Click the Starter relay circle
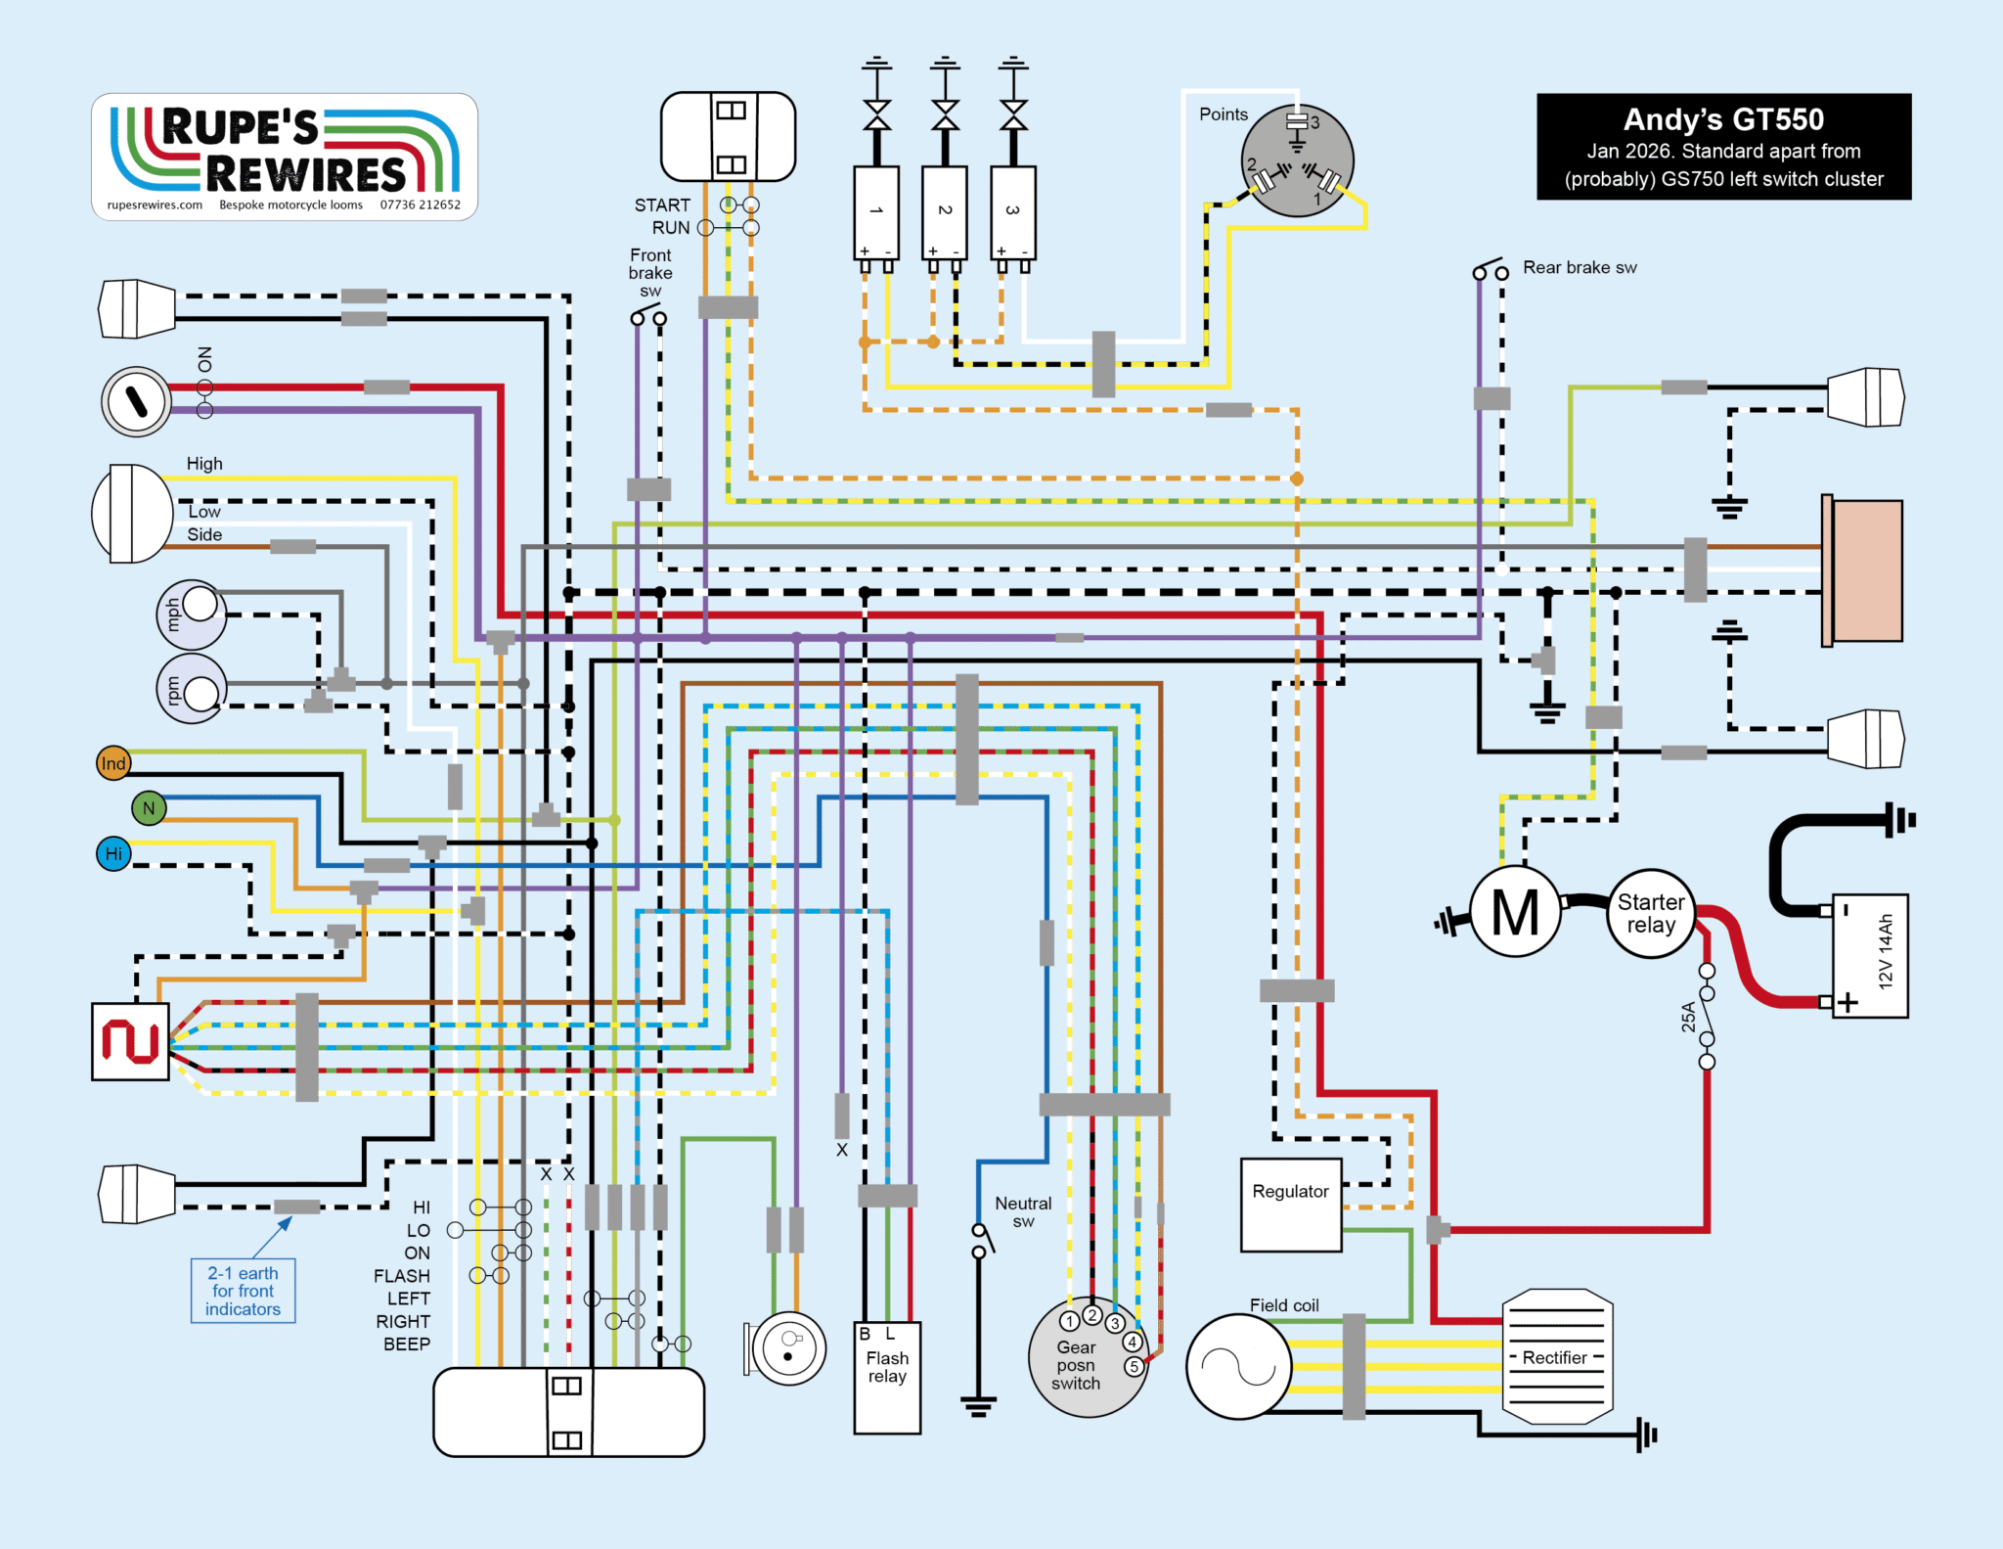coord(1651,914)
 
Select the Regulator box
coord(1291,1205)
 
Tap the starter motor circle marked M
coord(1515,912)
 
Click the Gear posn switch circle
coord(1087,1360)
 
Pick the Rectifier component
coord(1557,1357)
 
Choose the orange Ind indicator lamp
coord(113,763)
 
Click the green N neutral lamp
coord(149,808)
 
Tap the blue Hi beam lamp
coord(113,853)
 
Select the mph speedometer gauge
coord(192,615)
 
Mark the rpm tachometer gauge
coord(192,689)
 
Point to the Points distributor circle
coord(1298,160)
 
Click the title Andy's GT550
coord(1723,119)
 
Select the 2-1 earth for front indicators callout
coord(243,1291)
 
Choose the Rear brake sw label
coord(1579,268)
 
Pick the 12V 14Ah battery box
coord(1870,956)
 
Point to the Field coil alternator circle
coord(1238,1366)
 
